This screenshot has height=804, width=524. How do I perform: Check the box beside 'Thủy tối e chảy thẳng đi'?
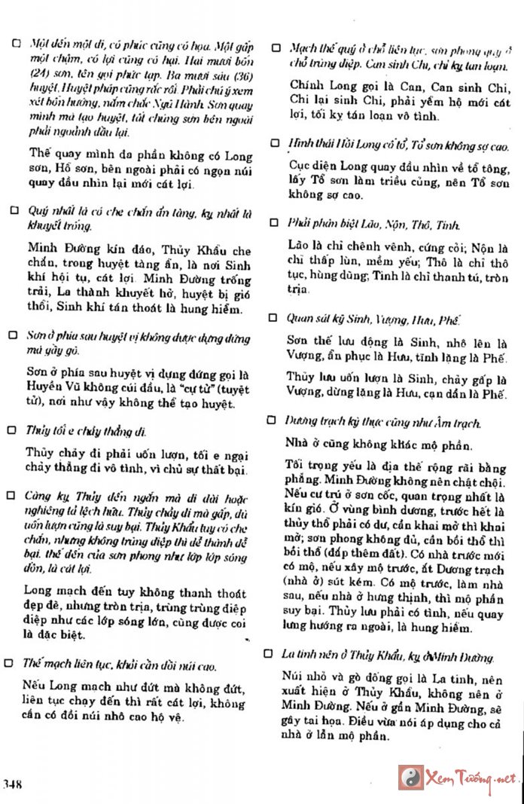(x=12, y=430)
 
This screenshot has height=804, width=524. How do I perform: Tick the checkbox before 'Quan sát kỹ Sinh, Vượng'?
(x=274, y=318)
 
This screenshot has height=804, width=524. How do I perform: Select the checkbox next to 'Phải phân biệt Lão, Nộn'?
(x=274, y=223)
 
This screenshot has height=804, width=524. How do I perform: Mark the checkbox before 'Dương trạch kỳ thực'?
(x=274, y=420)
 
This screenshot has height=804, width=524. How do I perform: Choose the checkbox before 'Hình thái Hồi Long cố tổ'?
(x=274, y=142)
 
